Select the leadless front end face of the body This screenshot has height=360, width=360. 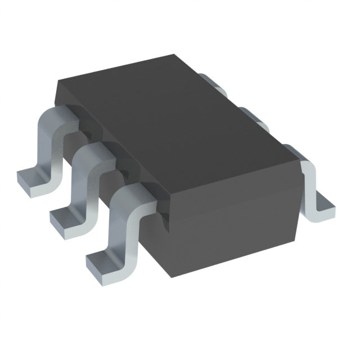[236, 225]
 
